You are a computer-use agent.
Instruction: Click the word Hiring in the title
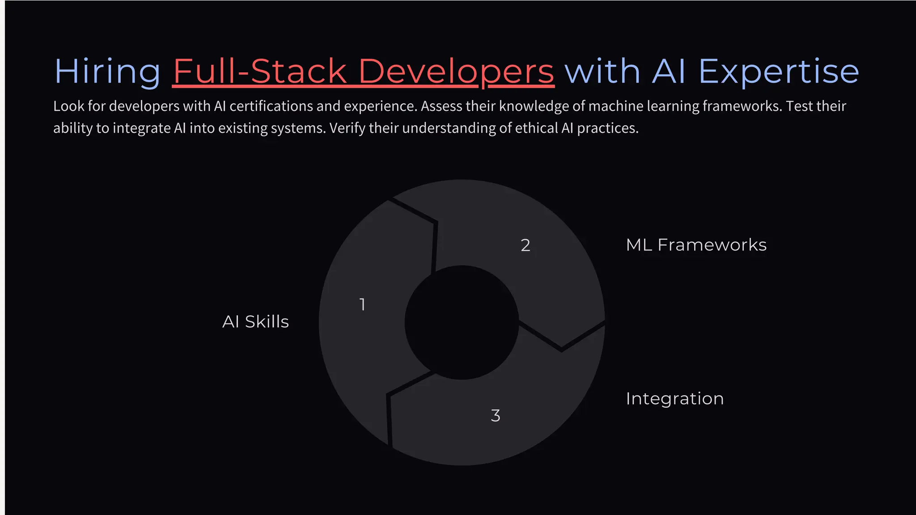pos(107,72)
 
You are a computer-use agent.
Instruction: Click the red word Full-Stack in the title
pos(260,72)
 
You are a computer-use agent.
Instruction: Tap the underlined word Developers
pos(456,72)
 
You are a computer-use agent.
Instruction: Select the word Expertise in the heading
pos(778,72)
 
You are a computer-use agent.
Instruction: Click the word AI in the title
pos(669,72)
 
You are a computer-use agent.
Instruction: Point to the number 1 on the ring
pos(362,305)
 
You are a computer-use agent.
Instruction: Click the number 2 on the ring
pos(526,245)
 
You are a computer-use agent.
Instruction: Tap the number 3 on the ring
pos(495,416)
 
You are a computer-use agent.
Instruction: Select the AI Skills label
pos(255,322)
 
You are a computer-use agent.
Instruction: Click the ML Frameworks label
pos(696,245)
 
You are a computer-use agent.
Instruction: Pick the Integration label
pos(674,399)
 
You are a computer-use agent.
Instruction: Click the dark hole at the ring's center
pos(462,322)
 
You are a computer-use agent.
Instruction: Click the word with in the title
pos(602,72)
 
